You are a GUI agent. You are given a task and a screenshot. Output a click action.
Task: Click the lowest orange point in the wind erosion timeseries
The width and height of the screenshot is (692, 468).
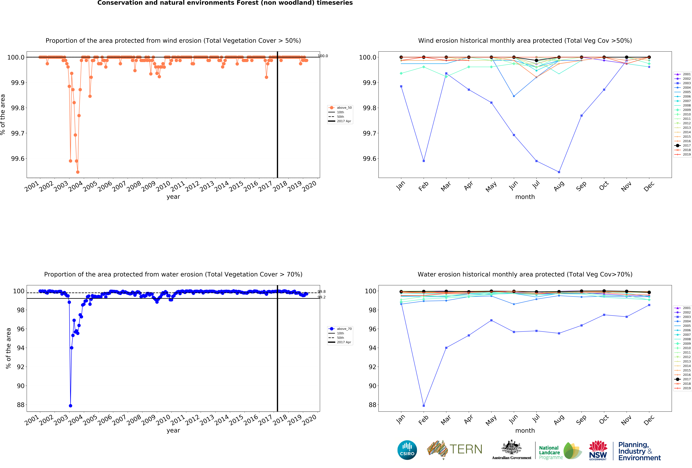coord(78,172)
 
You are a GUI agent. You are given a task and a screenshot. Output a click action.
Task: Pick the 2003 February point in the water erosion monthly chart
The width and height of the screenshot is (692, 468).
coord(424,406)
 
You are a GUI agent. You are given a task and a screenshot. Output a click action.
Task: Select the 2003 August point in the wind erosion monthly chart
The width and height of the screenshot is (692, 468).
coord(559,172)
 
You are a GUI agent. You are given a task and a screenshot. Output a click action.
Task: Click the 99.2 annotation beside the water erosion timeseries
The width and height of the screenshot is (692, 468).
coord(322,297)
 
